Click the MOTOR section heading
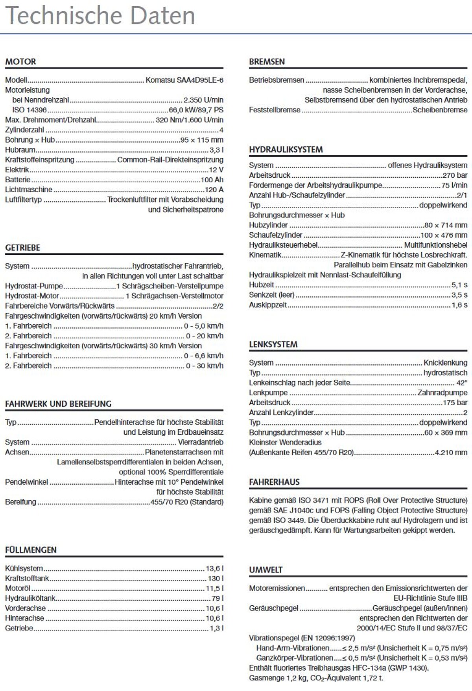point(20,62)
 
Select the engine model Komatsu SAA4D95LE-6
point(184,80)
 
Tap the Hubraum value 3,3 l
point(216,150)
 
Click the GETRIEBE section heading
point(22,248)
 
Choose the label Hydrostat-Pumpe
point(34,286)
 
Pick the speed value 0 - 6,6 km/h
point(203,356)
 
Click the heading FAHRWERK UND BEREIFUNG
point(58,404)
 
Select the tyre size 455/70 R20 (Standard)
point(187,502)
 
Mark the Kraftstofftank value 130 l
point(216,579)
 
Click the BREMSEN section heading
point(267,62)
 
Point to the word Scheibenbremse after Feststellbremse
point(440,110)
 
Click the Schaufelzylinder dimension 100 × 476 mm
point(444,235)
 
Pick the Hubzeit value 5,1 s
point(459,285)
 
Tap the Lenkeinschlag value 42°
point(462,383)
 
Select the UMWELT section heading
point(266,570)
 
